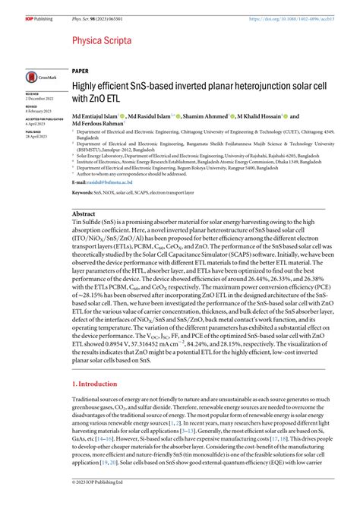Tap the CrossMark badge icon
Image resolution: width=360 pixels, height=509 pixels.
[37, 77]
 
